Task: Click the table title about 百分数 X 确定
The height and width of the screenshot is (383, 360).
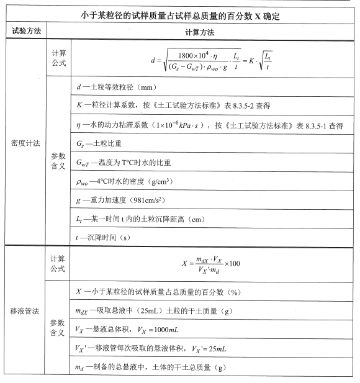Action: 179,17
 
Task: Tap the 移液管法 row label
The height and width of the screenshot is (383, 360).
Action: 25,310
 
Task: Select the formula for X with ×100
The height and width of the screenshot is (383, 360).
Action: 211,263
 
